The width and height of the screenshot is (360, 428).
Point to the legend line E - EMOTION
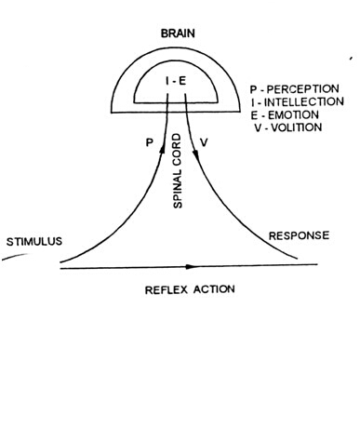289,116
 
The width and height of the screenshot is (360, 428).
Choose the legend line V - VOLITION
291,129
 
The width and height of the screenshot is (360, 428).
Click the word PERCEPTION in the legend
308,90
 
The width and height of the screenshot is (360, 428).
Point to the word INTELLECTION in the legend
311,103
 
